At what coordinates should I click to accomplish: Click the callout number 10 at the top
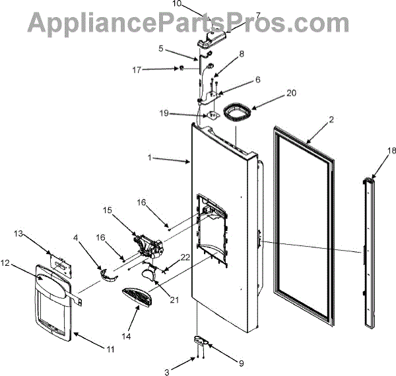point(177,4)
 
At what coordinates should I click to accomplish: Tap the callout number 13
point(18,234)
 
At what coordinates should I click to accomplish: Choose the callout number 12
point(6,263)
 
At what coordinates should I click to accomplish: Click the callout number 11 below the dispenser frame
point(110,348)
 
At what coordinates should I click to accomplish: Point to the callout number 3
point(167,373)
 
